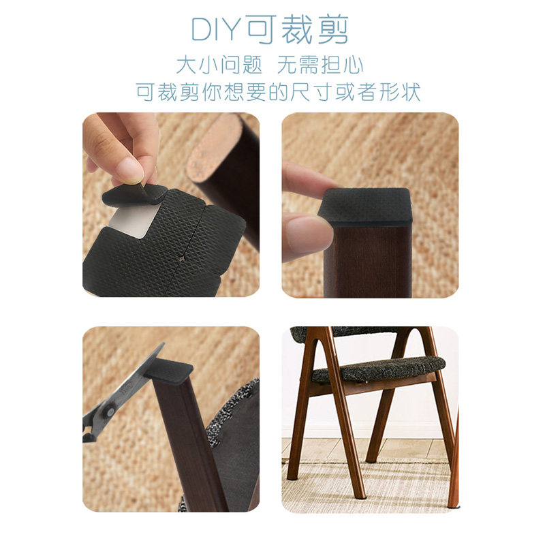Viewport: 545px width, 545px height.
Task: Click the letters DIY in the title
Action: pos(215,29)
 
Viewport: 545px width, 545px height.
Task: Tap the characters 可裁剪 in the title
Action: pos(297,29)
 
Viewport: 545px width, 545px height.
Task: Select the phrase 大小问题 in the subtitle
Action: pos(219,65)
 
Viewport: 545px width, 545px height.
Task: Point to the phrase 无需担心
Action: pos(320,65)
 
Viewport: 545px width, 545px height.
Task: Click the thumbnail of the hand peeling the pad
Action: pos(171,204)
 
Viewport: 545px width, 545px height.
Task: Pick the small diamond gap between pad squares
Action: pos(181,258)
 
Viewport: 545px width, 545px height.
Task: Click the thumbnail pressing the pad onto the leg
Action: pos(370,204)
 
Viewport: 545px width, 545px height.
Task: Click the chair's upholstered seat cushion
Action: pos(378,369)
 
